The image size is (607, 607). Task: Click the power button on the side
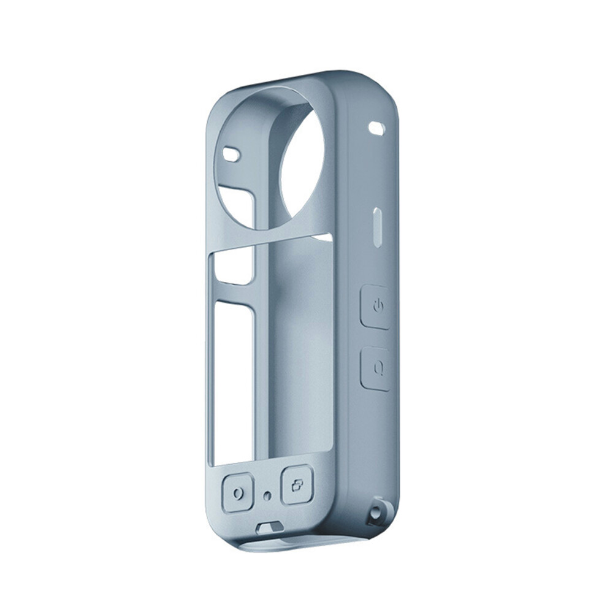click(x=376, y=307)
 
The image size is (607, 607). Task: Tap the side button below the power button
click(x=376, y=368)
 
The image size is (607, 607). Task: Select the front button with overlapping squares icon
click(x=297, y=486)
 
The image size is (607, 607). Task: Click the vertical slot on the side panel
click(x=378, y=227)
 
